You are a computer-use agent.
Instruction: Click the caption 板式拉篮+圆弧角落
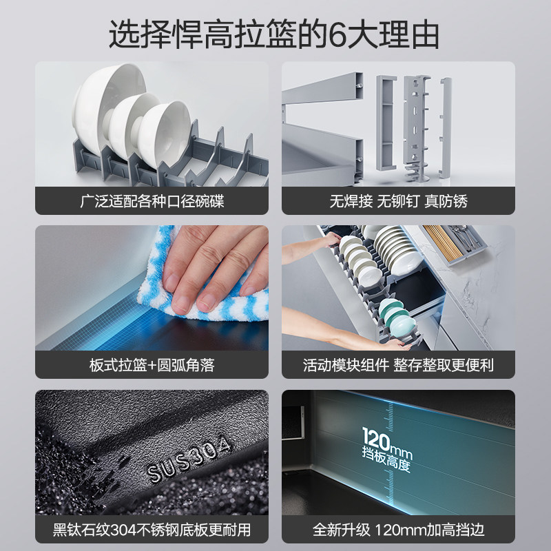click(152, 365)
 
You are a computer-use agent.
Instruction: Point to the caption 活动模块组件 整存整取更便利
click(398, 365)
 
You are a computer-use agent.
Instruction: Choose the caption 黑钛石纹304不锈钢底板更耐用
click(152, 531)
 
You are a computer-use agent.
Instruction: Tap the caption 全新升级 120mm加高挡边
click(398, 531)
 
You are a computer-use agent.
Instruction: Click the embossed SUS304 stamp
click(190, 461)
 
